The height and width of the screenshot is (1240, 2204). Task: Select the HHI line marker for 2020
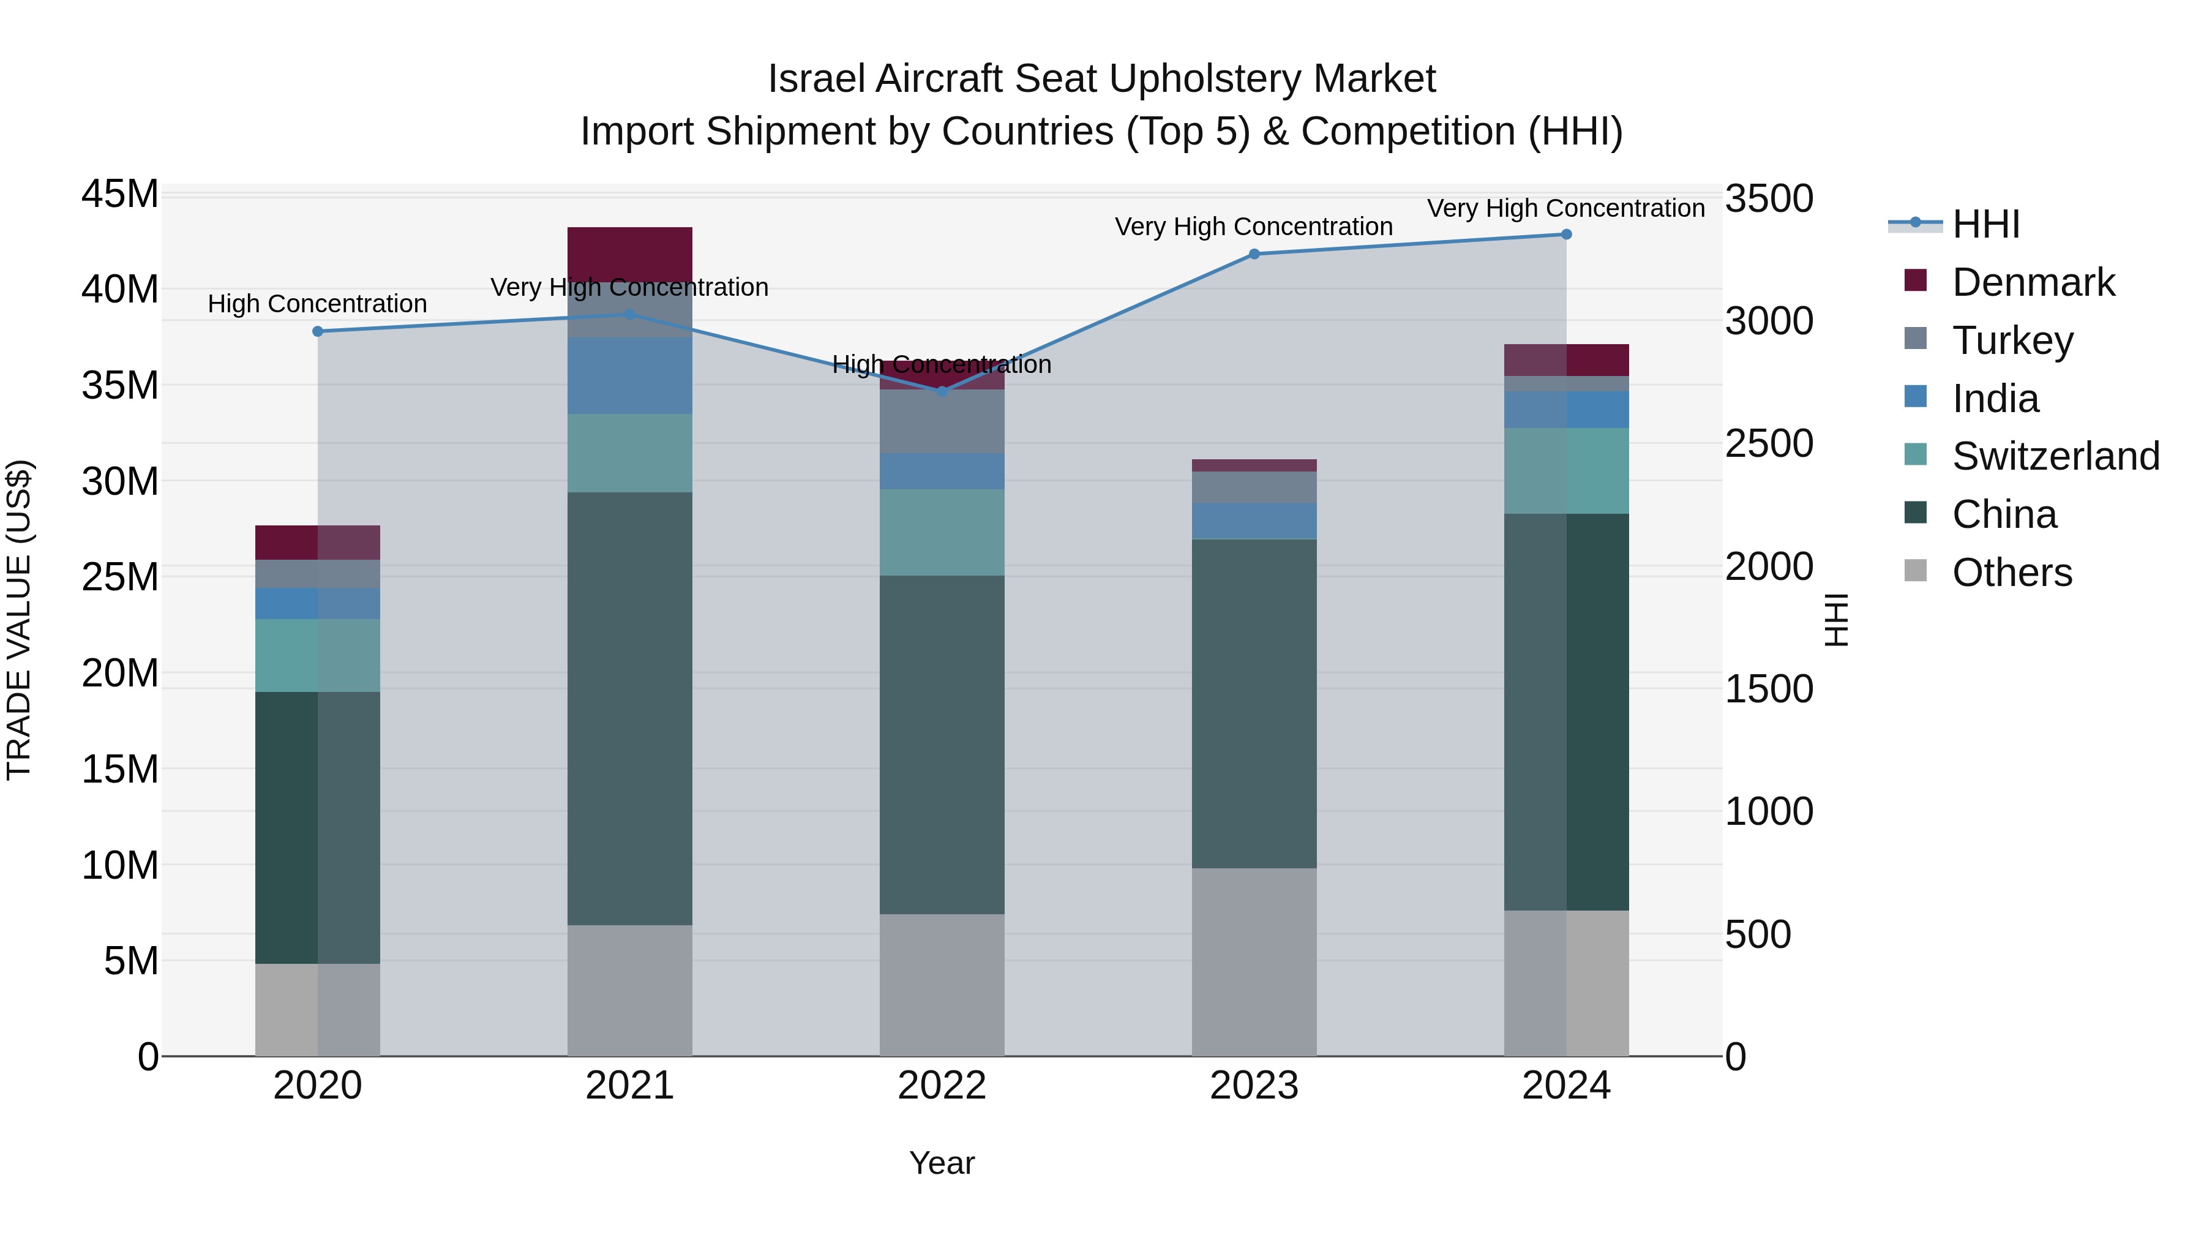317,331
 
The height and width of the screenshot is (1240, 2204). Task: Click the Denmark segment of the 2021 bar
630,254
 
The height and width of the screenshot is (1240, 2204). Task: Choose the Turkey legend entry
2012,340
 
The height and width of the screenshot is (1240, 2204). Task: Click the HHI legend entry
1985,224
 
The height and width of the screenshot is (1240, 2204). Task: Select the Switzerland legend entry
2055,456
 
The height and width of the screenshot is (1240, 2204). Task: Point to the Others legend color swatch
1916,571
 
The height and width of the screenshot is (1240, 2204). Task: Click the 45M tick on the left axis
120,194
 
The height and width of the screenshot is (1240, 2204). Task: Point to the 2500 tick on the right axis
1767,443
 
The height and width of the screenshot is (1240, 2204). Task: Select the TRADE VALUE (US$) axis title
19,620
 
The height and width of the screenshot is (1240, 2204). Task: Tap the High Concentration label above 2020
317,304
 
